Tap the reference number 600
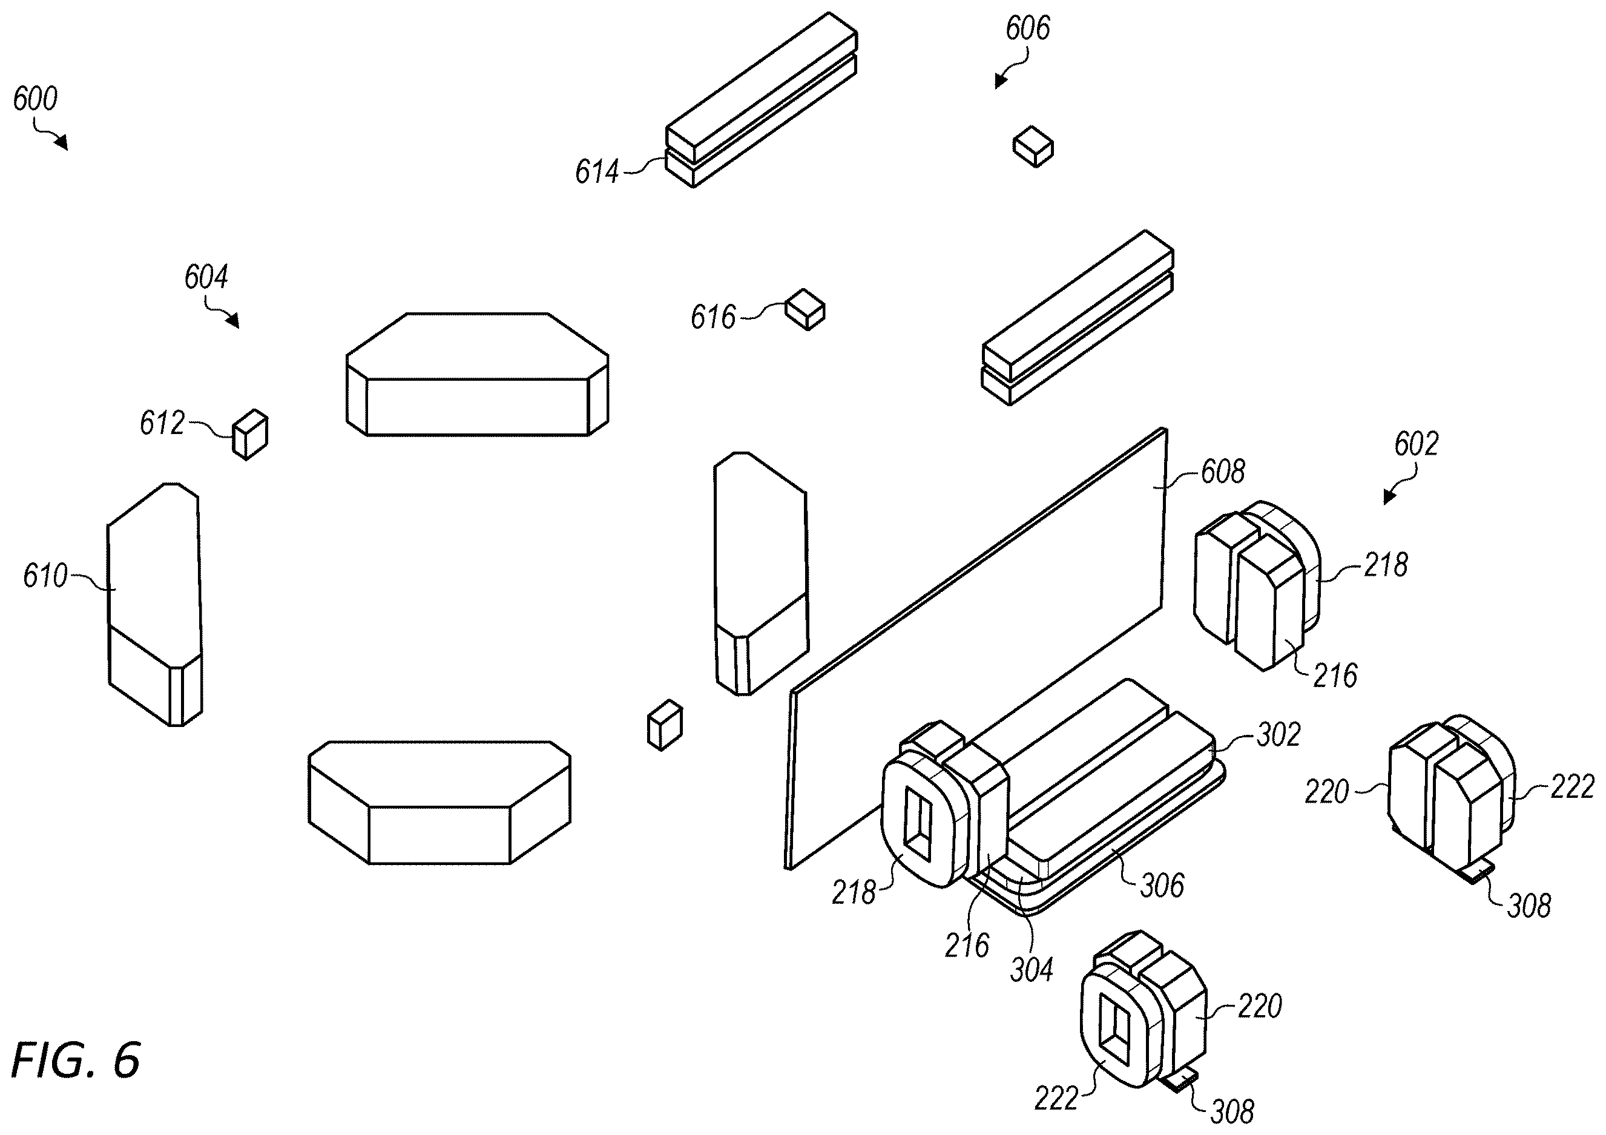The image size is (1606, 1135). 35,99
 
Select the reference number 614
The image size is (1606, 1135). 597,171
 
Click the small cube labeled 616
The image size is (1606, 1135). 805,309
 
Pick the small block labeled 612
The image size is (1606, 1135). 251,434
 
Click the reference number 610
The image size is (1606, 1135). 45,576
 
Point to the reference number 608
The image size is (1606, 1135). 1223,472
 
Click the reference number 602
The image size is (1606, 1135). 1417,444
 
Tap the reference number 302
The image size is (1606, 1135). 1279,735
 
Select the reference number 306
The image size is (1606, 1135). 1162,886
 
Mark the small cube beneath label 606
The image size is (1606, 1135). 1033,146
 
